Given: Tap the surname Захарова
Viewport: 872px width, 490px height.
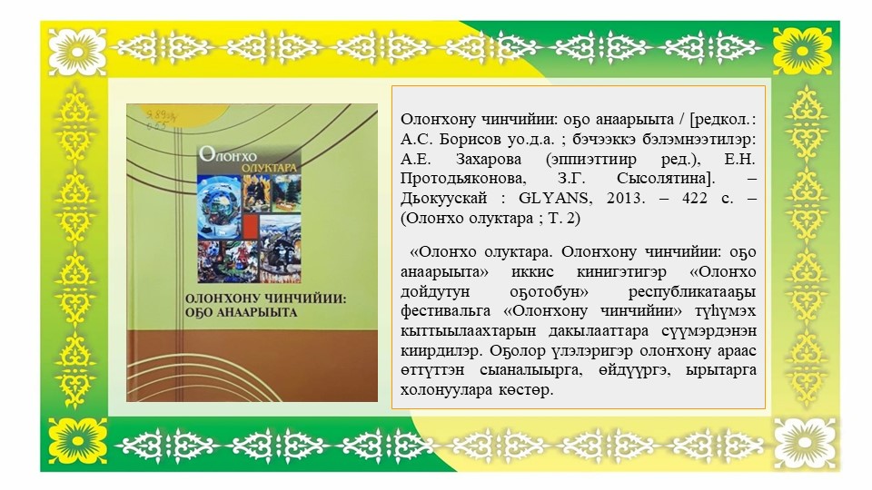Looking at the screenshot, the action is (489, 160).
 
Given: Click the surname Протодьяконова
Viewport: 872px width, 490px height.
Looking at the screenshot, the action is (462, 180).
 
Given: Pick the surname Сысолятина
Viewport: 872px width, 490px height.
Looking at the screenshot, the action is (665, 180).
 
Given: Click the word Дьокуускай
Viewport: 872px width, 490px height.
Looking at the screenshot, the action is (444, 199).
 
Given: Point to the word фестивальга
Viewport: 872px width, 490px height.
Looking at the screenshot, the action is (445, 310).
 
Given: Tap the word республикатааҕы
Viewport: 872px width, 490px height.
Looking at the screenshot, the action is (692, 291).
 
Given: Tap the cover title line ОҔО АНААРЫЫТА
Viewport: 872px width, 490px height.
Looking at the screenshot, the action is (241, 312).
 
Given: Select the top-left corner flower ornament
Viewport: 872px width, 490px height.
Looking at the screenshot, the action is (77, 52).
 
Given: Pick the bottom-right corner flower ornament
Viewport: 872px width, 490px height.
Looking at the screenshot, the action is (803, 443).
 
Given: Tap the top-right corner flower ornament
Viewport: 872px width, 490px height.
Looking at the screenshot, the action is (803, 52).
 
